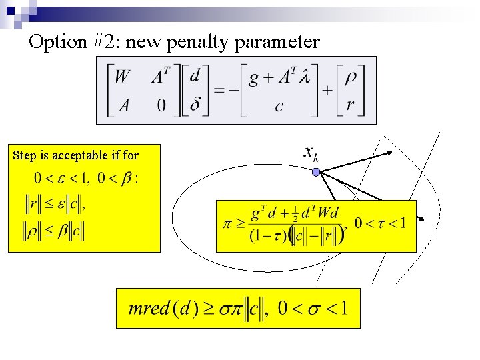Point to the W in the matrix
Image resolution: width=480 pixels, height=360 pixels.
(x=123, y=77)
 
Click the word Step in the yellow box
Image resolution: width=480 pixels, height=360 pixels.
(x=24, y=155)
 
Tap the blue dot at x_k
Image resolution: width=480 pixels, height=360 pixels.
(x=317, y=173)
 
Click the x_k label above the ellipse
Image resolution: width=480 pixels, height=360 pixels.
(x=311, y=154)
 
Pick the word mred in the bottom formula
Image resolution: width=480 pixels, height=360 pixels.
(x=148, y=309)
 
